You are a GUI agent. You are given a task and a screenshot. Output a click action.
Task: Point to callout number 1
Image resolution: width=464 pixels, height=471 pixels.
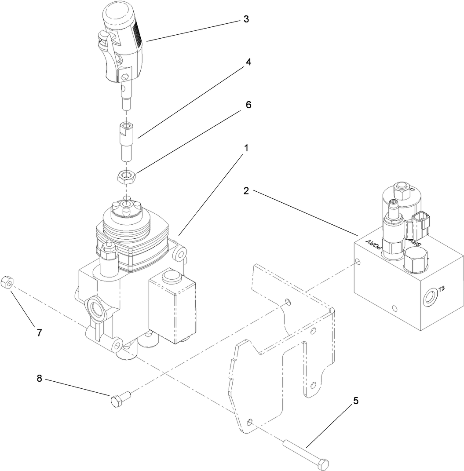246,148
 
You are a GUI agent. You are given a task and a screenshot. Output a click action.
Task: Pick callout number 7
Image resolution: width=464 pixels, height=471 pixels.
39,333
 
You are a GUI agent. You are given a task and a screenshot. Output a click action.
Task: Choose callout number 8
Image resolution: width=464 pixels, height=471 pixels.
39,379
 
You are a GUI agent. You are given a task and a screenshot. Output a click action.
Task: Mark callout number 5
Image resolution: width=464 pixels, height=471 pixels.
356,401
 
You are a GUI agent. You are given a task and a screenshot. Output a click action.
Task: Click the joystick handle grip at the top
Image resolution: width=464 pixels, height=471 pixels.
121,40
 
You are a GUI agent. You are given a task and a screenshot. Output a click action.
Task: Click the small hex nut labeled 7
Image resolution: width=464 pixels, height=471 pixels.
7,281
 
